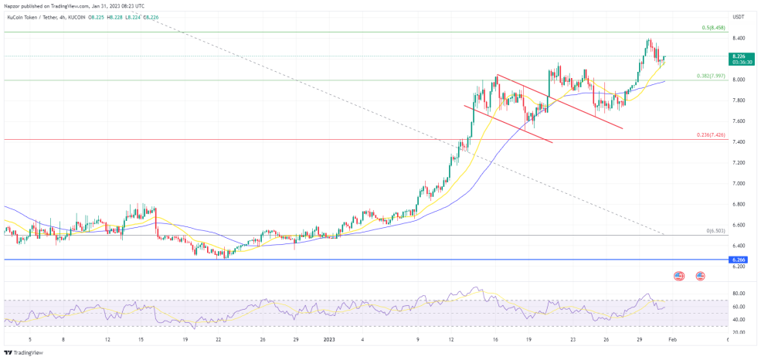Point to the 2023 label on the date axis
point(330,338)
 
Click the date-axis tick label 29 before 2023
point(296,338)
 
